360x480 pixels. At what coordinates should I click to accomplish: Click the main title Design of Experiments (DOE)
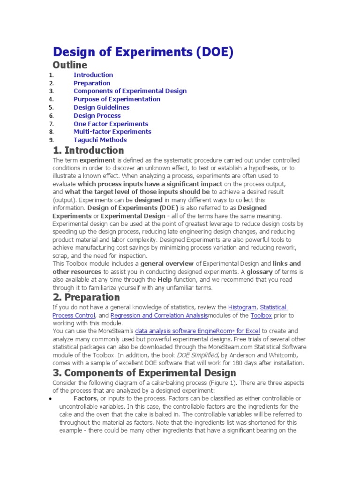pyautogui.click(x=143, y=52)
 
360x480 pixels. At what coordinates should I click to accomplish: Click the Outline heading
pyautogui.click(x=70, y=65)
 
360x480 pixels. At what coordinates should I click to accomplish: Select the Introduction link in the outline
pyautogui.click(x=93, y=75)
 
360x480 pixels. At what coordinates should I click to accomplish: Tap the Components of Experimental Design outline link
pyautogui.click(x=130, y=91)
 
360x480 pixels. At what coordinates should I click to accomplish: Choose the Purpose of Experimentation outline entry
pyautogui.click(x=117, y=99)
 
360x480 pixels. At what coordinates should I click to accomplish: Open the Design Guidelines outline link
pyautogui.click(x=101, y=107)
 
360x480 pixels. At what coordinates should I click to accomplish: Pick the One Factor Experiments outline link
pyautogui.click(x=111, y=124)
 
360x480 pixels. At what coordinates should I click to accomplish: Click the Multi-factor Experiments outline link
pyautogui.click(x=112, y=132)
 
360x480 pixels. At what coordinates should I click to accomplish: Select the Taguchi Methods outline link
pyautogui.click(x=100, y=140)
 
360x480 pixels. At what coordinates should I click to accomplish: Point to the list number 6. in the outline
pyautogui.click(x=51, y=116)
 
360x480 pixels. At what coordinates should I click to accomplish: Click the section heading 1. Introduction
pyautogui.click(x=89, y=150)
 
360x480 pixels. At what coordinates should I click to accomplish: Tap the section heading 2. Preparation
pyautogui.click(x=86, y=297)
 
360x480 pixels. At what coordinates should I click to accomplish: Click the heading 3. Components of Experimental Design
pyautogui.click(x=144, y=373)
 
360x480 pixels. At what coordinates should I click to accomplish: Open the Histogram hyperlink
pyautogui.click(x=242, y=307)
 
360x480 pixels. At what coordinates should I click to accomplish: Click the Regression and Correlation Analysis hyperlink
pyautogui.click(x=159, y=316)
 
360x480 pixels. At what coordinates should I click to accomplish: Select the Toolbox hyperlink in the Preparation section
pyautogui.click(x=261, y=316)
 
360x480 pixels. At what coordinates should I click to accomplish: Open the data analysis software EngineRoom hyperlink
pyautogui.click(x=197, y=331)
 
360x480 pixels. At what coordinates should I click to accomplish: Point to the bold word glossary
pyautogui.click(x=260, y=272)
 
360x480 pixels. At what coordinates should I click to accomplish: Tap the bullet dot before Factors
pyautogui.click(x=50, y=399)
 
